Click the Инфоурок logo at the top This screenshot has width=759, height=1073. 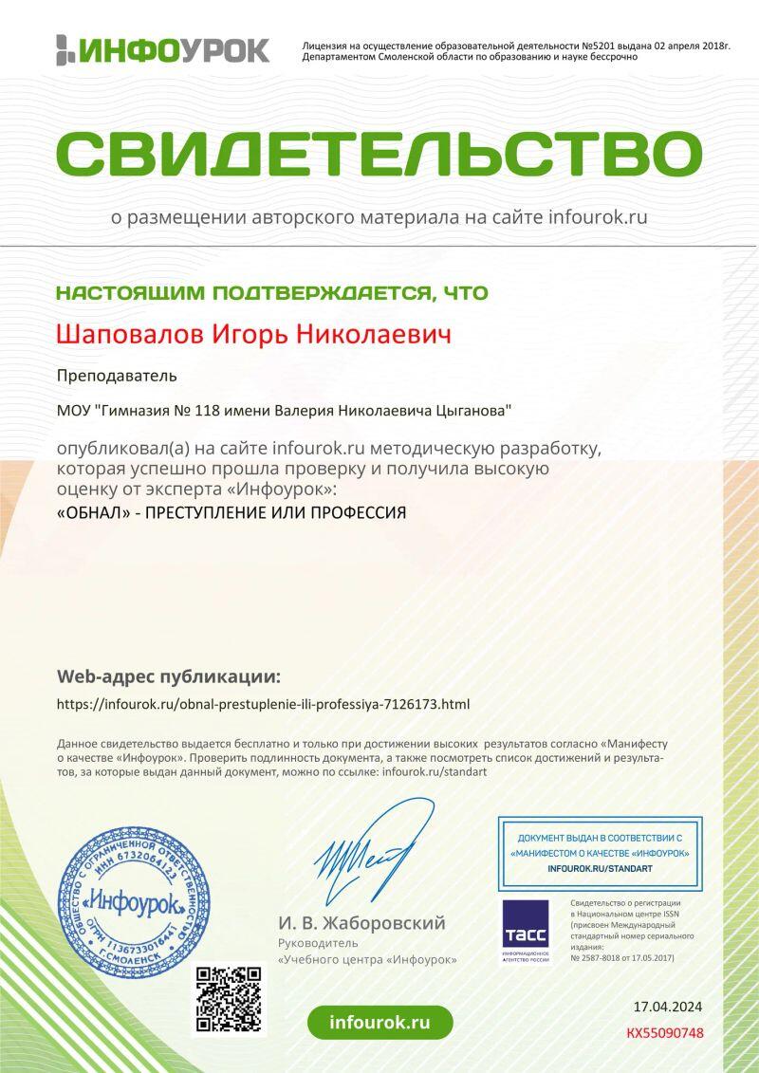click(x=162, y=49)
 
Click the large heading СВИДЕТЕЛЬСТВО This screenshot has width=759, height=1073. click(x=379, y=152)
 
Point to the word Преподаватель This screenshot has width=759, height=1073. click(x=117, y=375)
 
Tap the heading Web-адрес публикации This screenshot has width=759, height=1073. click(x=169, y=676)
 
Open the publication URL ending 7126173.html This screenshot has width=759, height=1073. click(x=263, y=704)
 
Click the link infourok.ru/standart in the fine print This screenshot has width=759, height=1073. click(x=434, y=772)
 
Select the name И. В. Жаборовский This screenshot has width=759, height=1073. click(x=361, y=923)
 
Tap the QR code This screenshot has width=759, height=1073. click(x=228, y=999)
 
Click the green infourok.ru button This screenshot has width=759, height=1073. click(x=379, y=1022)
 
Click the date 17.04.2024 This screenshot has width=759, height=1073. click(x=668, y=1007)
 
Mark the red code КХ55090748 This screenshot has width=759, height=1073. click(x=665, y=1033)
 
